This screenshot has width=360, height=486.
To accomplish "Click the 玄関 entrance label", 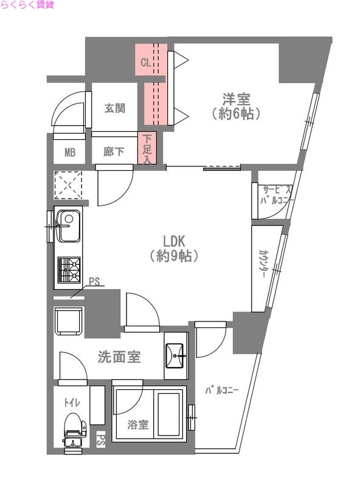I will (x=114, y=109).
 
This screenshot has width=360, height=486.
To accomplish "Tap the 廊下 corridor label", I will (x=114, y=152).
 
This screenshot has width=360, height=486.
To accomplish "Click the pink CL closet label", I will (x=145, y=62).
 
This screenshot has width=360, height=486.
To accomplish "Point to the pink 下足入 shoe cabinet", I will (x=147, y=149).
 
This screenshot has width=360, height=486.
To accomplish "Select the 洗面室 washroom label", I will (x=119, y=357).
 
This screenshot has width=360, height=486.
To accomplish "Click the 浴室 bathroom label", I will (x=138, y=425).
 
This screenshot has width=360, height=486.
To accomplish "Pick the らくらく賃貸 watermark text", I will (x=27, y=5).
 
